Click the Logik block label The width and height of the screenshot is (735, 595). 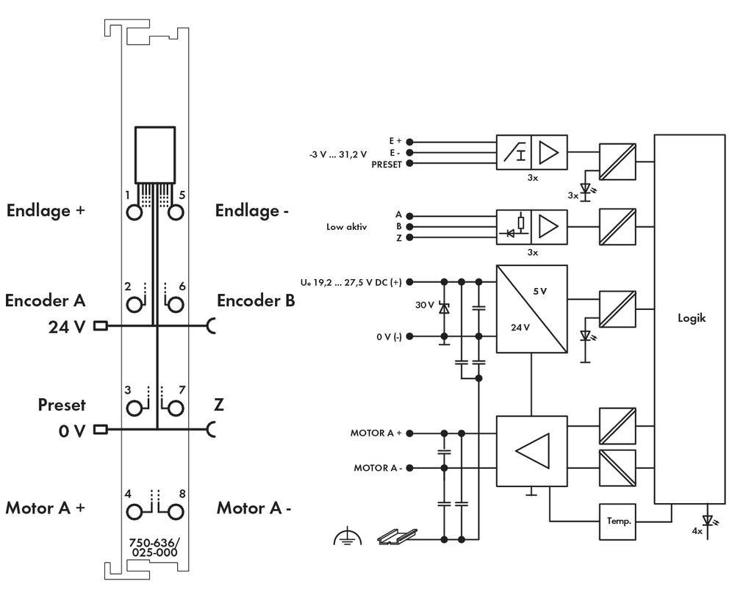click(691, 319)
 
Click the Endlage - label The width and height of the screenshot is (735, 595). click(251, 211)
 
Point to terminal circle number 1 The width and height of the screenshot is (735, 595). click(135, 212)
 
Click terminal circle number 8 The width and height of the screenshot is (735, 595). click(176, 510)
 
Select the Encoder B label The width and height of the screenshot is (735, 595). click(256, 300)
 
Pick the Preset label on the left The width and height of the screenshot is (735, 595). click(62, 405)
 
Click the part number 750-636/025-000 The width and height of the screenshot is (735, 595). click(154, 547)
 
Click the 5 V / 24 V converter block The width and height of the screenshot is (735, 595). click(531, 309)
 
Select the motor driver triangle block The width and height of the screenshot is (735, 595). click(531, 451)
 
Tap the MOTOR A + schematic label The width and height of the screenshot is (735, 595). click(376, 433)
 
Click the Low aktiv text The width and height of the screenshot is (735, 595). click(347, 227)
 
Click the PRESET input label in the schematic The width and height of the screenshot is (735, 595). click(387, 165)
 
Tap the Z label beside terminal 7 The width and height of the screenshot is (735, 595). click(219, 405)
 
